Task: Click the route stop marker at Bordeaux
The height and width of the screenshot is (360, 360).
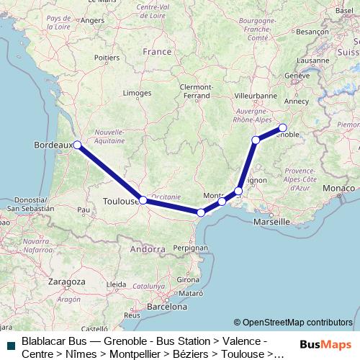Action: [77, 145]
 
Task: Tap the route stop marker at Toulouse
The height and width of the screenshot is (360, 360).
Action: [143, 200]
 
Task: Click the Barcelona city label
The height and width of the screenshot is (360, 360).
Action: [167, 306]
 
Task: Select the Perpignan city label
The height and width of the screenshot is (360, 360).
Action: [189, 247]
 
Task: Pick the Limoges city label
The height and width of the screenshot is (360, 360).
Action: [137, 93]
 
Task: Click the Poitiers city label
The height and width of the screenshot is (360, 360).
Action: [107, 56]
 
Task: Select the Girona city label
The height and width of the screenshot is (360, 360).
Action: [189, 279]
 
